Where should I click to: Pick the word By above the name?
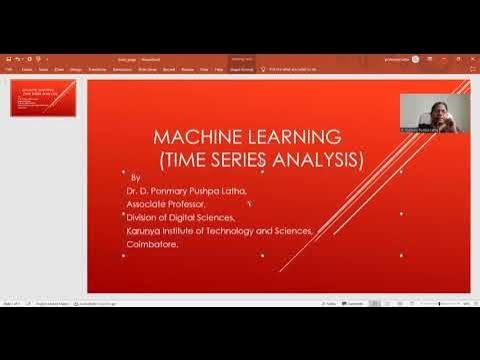coord(135,176)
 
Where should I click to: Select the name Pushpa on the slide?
coord(203,189)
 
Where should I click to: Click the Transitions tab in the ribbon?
coord(97,70)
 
